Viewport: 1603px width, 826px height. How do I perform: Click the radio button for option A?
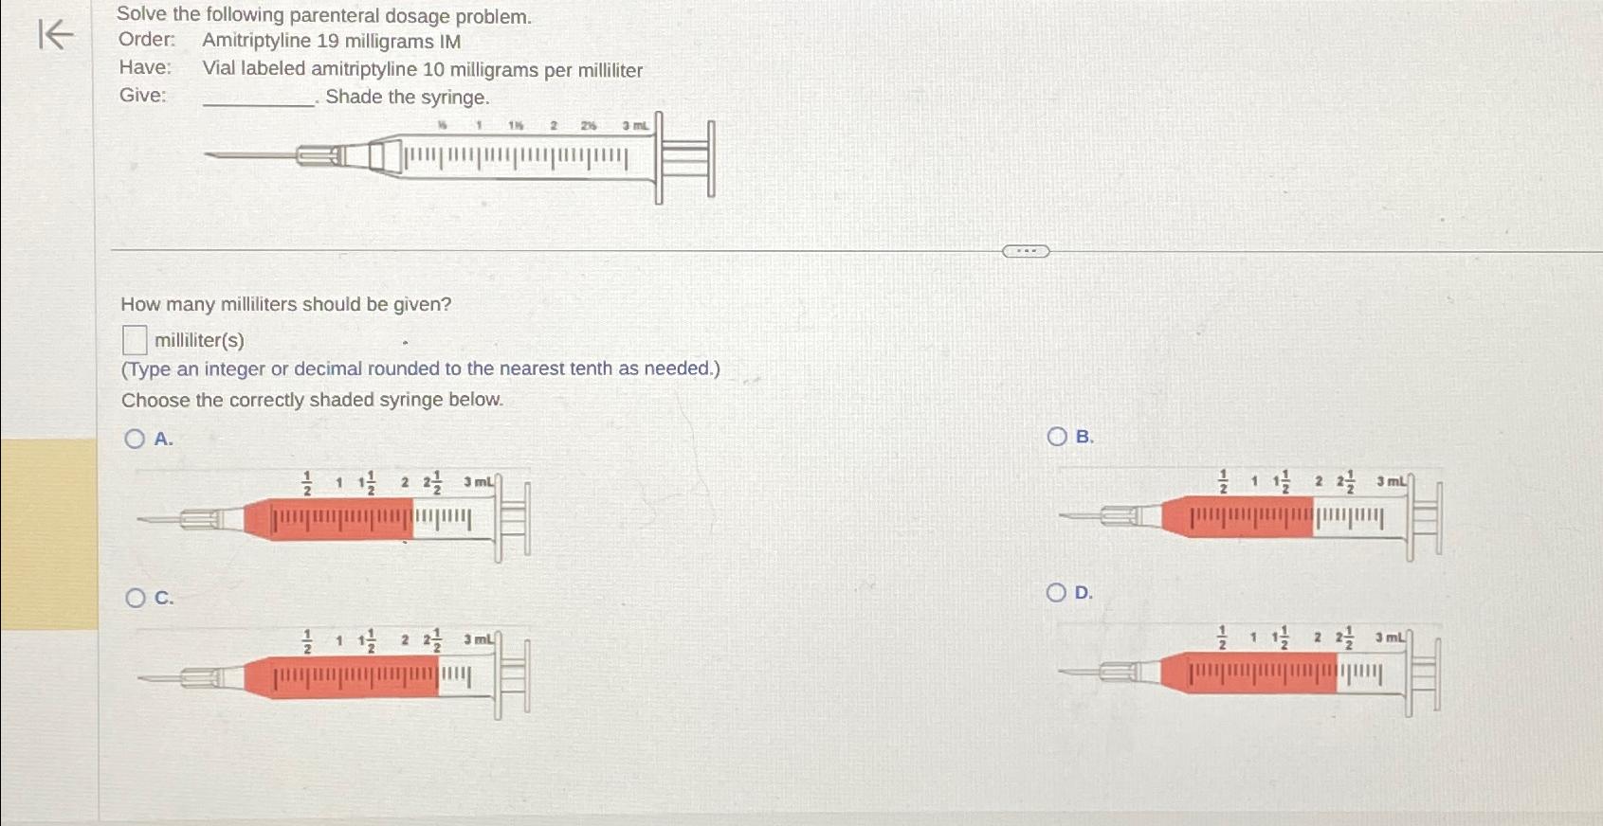point(135,439)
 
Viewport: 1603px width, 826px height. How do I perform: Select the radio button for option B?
point(1057,437)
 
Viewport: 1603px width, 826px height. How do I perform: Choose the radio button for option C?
point(136,598)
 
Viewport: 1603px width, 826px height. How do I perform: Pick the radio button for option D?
point(1056,593)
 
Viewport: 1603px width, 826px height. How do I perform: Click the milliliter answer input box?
point(135,339)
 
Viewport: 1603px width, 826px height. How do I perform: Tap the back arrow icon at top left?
point(55,36)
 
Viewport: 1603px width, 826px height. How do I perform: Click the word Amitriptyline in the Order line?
point(256,42)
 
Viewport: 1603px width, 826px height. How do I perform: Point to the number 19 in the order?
point(327,42)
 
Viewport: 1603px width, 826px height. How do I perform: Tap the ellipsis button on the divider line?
point(1026,251)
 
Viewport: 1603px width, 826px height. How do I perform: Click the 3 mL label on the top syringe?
point(636,126)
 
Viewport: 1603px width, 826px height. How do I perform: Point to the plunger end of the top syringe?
point(710,158)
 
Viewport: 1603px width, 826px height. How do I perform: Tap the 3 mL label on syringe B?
point(1392,482)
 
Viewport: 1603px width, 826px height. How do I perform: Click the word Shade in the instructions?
point(352,98)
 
